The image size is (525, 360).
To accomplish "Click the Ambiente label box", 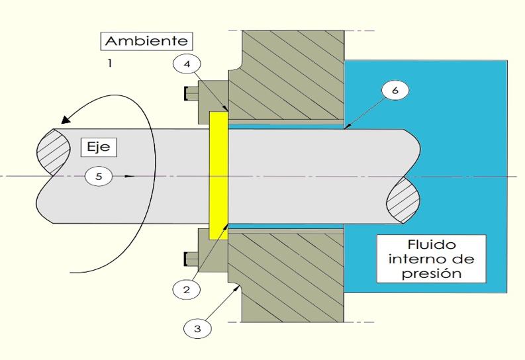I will click(x=146, y=41).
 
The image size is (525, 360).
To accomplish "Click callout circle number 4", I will click(x=188, y=65).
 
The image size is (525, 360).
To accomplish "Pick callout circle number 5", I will click(x=99, y=177).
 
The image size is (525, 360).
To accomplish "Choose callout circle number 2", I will click(x=186, y=289).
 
